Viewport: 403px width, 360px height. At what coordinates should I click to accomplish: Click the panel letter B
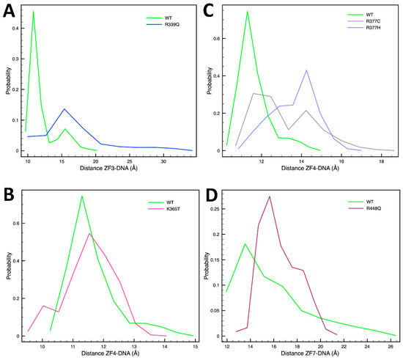click(10, 197)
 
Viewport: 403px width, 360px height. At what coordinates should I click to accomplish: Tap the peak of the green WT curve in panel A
click(33, 12)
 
